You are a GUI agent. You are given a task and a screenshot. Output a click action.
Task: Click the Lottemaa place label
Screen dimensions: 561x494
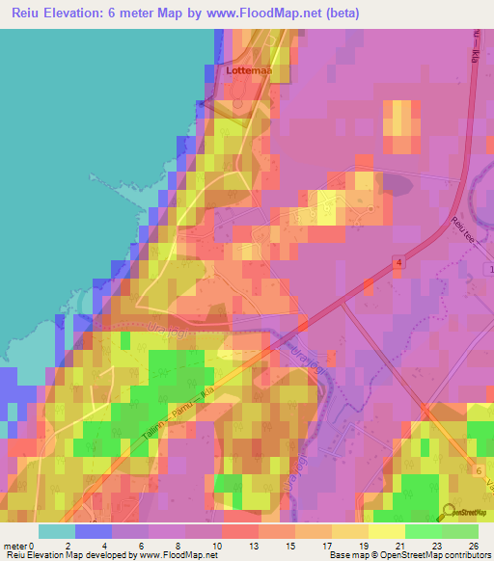pyautogui.click(x=248, y=70)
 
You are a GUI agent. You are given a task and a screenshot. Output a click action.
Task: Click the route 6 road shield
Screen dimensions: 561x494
pyautogui.click(x=478, y=468)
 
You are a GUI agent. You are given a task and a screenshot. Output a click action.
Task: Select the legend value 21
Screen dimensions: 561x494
pyautogui.click(x=385, y=546)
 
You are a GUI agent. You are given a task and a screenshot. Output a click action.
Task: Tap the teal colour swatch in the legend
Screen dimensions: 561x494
pyautogui.click(x=57, y=531)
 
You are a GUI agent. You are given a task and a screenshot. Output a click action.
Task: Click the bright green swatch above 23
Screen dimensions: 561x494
pyautogui.click(x=423, y=531)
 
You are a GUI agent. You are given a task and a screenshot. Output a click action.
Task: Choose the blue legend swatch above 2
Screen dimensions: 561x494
pyautogui.click(x=94, y=531)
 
